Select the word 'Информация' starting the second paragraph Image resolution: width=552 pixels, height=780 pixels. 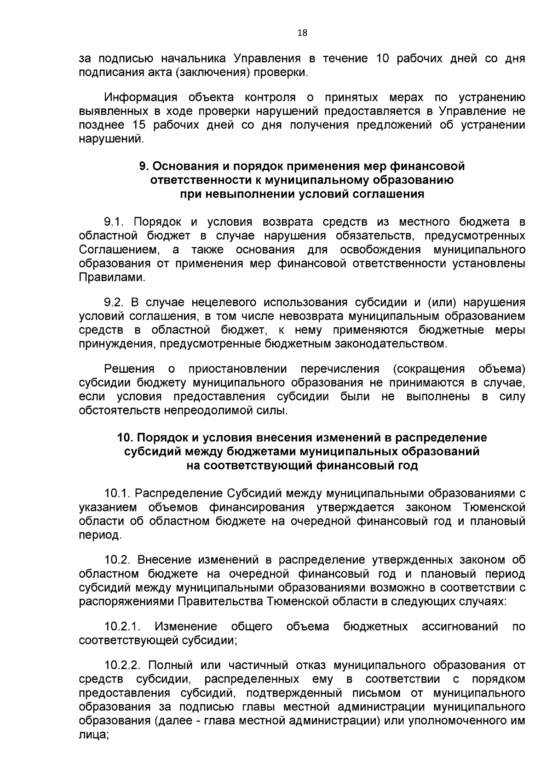(141, 97)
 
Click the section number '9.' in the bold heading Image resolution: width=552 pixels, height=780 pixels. (143, 166)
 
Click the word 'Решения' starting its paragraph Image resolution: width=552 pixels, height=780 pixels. (129, 369)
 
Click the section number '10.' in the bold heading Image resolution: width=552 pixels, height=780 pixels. (125, 437)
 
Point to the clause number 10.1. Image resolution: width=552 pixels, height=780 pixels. (118, 494)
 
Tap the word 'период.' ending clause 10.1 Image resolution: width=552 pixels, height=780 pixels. (100, 535)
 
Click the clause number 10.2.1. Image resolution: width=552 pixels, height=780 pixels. (122, 626)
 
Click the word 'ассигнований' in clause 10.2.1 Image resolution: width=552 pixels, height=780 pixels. (460, 626)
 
